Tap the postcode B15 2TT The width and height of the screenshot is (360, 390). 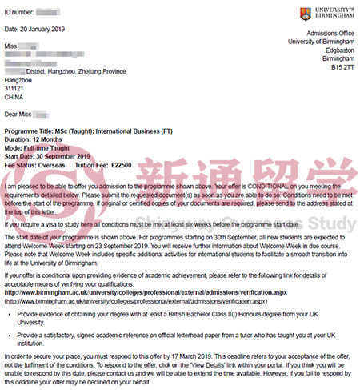click(341, 69)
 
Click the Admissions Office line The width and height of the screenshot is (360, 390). click(324, 30)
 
